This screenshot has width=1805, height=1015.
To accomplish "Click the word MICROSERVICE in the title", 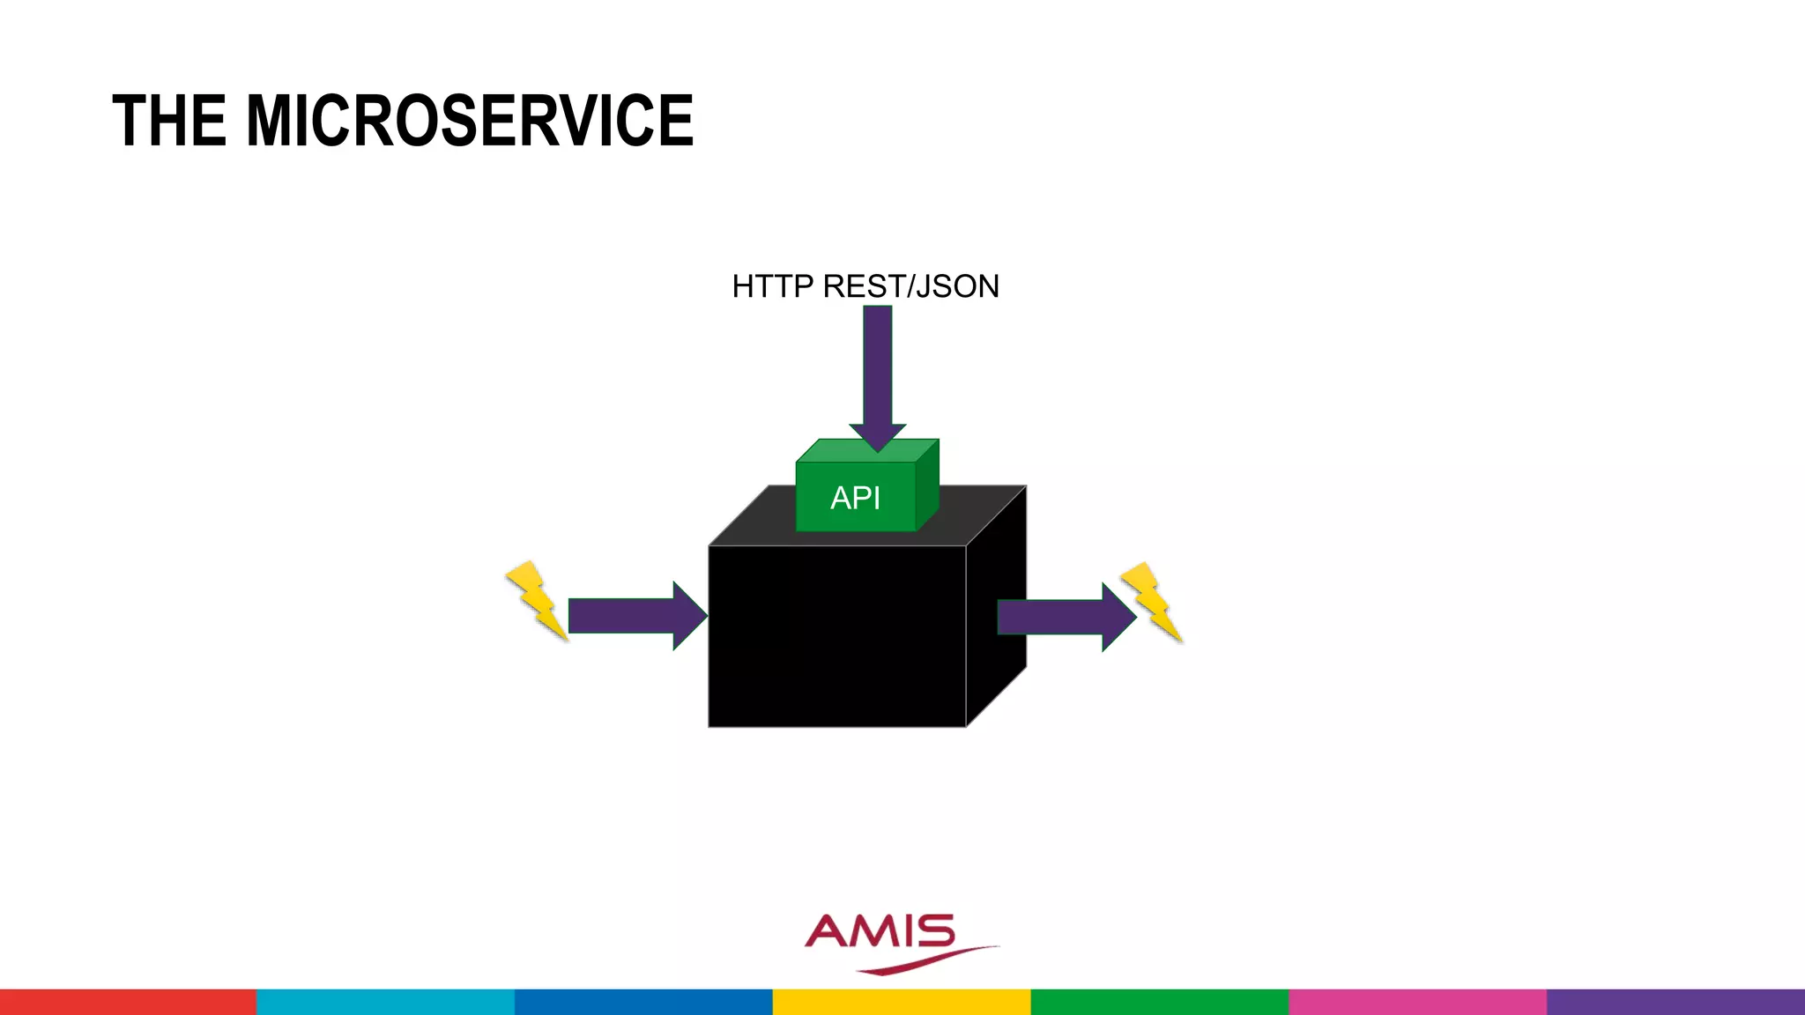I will coord(470,121).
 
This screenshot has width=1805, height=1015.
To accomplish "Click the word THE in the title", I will coord(169,121).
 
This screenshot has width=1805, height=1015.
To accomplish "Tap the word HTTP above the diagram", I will coord(772,286).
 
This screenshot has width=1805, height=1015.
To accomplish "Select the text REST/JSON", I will coord(911,286).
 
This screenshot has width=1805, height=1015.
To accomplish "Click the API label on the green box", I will coord(855,498).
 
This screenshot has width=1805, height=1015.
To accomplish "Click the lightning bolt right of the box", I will coord(1151,602).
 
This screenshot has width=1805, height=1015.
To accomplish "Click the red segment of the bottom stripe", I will coord(128,1002).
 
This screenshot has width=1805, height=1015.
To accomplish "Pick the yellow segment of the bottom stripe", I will coord(901,1002).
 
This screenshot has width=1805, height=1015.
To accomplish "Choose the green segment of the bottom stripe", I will coord(1159,1002).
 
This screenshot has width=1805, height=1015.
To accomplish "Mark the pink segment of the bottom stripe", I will coord(1417,1002).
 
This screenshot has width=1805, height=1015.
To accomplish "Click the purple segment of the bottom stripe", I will coord(1675,1002).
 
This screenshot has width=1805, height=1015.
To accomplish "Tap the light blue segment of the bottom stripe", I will coord(385,1002).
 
